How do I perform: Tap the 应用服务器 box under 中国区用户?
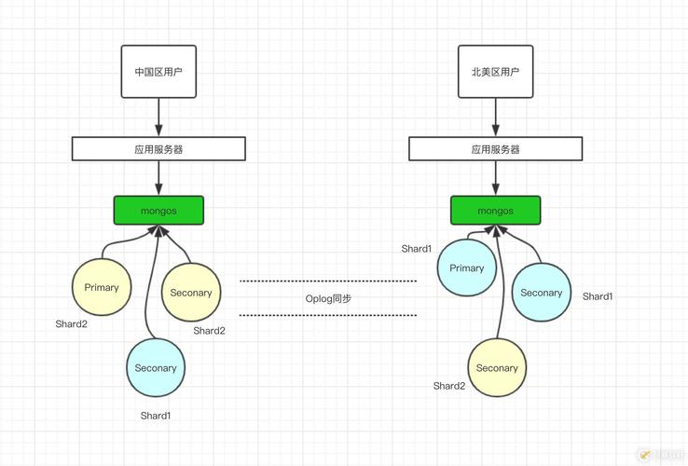pos(158,148)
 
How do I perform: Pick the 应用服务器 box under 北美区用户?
pos(496,148)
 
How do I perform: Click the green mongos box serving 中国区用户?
pos(158,211)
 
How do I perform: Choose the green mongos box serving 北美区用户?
pos(496,211)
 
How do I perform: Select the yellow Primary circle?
pos(102,287)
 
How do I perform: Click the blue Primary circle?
pos(467,268)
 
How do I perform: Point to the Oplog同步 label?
pos(328,298)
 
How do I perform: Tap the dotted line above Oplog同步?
pos(328,281)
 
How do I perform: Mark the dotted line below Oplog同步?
pos(328,316)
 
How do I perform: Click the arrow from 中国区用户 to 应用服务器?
pos(158,116)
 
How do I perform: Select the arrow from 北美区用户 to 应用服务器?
pos(496,116)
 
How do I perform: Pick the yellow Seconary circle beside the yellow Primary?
pos(191,293)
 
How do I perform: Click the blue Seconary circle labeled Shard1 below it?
pos(156,368)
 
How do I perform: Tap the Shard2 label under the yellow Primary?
pos(71,324)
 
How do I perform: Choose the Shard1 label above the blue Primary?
pos(417,249)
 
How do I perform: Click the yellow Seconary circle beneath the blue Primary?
pos(497,368)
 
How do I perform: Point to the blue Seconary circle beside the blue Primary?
pos(542,293)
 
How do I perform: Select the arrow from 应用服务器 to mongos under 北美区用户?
pos(496,178)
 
